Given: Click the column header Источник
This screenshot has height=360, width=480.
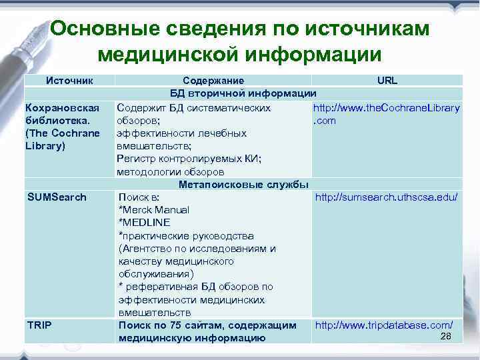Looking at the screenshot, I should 68,81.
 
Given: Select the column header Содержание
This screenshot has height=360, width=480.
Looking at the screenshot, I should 213,81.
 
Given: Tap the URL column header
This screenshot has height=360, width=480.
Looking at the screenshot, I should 387,81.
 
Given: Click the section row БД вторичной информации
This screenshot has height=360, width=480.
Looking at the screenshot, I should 243,93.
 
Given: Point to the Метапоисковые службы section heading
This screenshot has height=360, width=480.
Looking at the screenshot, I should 243,184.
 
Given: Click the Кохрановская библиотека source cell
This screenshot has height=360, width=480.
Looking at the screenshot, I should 61,127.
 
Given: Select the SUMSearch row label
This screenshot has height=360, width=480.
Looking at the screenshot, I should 57,197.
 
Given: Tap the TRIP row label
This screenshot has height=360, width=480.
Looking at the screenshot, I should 39,325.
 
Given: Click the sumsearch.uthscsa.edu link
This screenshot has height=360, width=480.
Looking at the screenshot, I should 386,197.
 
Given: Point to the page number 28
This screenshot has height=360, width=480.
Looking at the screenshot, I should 446,336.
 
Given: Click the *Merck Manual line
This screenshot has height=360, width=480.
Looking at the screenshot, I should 153,210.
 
